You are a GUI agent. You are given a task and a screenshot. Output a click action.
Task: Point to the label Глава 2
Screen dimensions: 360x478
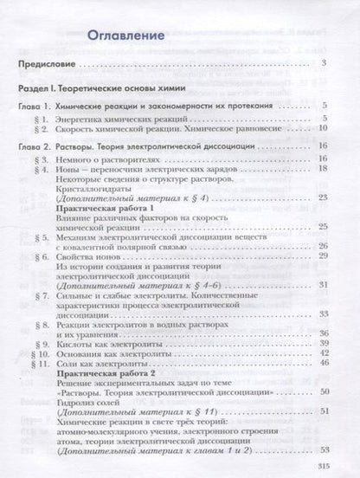click(38, 148)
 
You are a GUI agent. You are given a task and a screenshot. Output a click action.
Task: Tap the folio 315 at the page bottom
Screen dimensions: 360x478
click(337, 467)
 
